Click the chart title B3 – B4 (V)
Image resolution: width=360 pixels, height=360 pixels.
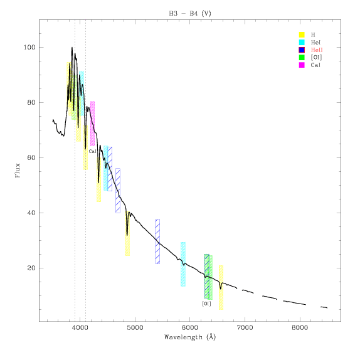coord(190,14)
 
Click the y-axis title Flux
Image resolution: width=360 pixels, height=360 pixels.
coord(18,171)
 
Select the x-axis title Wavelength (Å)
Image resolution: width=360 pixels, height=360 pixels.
coord(190,337)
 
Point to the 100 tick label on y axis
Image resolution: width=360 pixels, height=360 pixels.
coord(29,48)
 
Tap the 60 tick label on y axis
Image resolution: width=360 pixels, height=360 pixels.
coord(31,157)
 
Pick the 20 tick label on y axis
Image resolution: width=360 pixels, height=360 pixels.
coord(31,268)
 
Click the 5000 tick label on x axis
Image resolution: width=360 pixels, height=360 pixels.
coord(135,327)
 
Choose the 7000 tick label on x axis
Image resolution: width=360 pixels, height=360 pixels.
coord(245,327)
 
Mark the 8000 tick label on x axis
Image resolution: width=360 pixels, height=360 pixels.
coord(300,327)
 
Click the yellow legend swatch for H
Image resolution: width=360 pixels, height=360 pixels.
coord(302,34)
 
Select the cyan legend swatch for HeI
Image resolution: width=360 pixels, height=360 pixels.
coord(302,42)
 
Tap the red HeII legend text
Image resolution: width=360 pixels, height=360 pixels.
coord(317,50)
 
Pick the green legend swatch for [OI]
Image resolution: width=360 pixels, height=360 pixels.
coord(302,58)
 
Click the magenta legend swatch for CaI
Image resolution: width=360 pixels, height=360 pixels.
coord(302,65)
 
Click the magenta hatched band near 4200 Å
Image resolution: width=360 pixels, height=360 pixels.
coord(93,124)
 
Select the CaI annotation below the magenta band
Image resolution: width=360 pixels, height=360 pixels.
coord(93,151)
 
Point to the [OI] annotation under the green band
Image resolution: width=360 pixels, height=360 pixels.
coord(206,304)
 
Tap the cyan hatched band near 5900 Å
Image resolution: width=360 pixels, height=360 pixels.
coord(183,264)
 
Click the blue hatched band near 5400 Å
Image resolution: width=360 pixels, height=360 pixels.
coord(157,241)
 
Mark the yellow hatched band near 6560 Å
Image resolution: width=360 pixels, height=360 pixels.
coord(221,288)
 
